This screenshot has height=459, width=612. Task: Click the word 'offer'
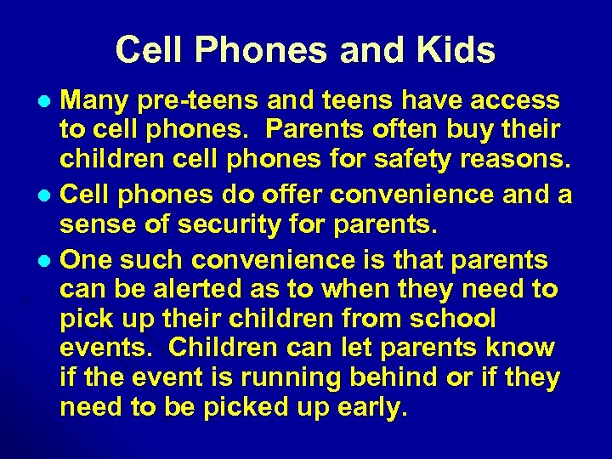pos(289,195)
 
